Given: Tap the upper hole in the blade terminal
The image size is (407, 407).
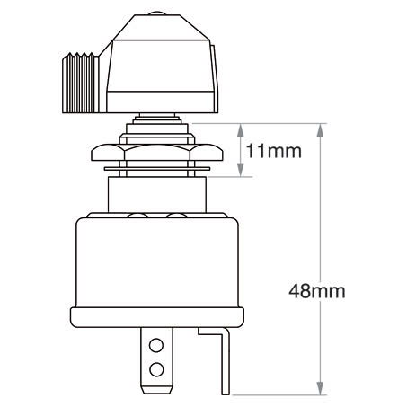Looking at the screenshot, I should coord(157,345).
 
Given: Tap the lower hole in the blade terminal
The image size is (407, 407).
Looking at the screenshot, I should coord(157,368).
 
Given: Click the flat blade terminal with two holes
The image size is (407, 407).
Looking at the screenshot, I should coord(157,357).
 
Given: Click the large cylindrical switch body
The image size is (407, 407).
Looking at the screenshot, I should coord(157,261).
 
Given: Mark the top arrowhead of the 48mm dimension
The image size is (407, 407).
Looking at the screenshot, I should coord(321,126).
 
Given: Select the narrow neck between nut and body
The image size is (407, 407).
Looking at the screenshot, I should coord(157,190).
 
